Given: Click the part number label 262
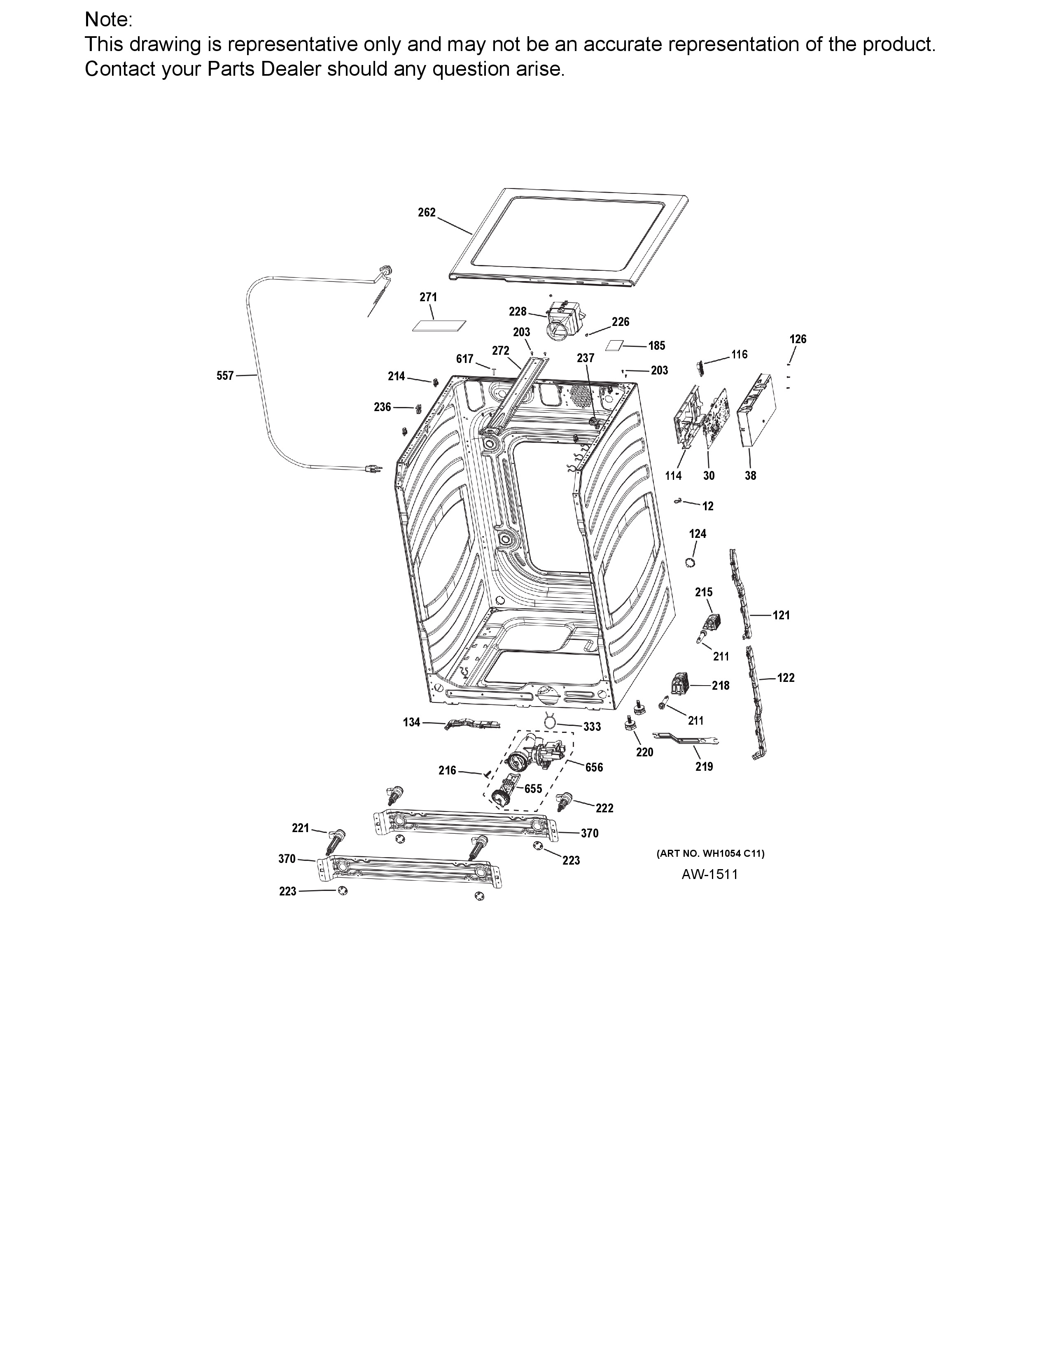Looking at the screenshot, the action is (427, 213).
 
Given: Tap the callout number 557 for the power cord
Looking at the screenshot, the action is (225, 376).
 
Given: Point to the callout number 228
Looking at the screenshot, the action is (518, 312).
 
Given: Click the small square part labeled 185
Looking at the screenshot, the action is (615, 346).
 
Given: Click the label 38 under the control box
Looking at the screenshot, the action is (751, 476).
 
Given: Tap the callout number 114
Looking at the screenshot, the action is (674, 476).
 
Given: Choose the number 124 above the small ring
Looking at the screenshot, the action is (698, 533).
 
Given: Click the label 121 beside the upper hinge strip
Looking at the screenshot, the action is (781, 615).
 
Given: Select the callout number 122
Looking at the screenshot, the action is (786, 678).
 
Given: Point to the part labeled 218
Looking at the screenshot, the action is (680, 685).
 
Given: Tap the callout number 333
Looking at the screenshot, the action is (592, 726).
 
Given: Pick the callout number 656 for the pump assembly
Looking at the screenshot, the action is (594, 767).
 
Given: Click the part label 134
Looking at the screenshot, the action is (412, 722).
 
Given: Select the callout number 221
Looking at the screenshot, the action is (301, 828).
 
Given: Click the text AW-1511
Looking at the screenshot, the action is (710, 874).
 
